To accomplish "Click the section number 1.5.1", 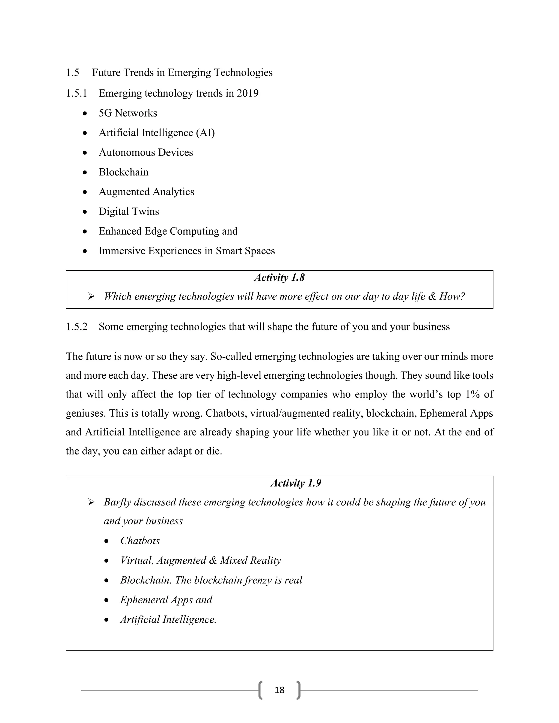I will (76, 93).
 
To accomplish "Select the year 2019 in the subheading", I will (247, 93).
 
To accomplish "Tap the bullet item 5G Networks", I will (128, 113).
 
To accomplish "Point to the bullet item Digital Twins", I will (129, 211).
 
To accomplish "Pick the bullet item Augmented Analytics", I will (146, 192).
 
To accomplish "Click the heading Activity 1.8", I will (279, 277).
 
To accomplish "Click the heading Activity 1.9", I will (296, 483).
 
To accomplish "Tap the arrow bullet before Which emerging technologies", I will (91, 296).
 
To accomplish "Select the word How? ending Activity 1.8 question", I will (452, 296).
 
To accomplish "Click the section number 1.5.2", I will (76, 327).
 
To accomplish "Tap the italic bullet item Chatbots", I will (140, 541).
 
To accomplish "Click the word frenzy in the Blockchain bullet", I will (258, 580).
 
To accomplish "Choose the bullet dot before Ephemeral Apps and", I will (106, 600).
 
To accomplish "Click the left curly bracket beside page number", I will (261, 690).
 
